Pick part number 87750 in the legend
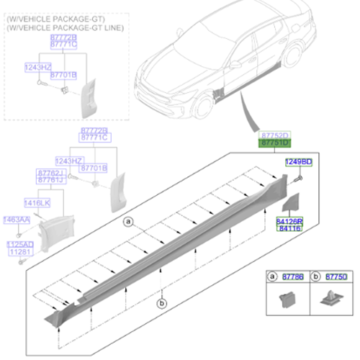tap(336, 276)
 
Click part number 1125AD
tap(21, 244)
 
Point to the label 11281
tap(21, 252)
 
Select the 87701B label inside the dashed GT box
tap(64, 75)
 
